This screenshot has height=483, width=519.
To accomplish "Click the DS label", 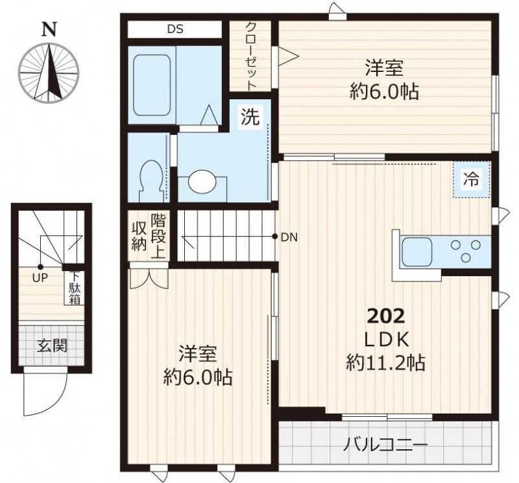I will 175,29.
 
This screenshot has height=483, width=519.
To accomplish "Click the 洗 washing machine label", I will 250,117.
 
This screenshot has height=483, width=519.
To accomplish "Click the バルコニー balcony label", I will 385,445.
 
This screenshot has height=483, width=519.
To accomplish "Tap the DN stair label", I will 289,237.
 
